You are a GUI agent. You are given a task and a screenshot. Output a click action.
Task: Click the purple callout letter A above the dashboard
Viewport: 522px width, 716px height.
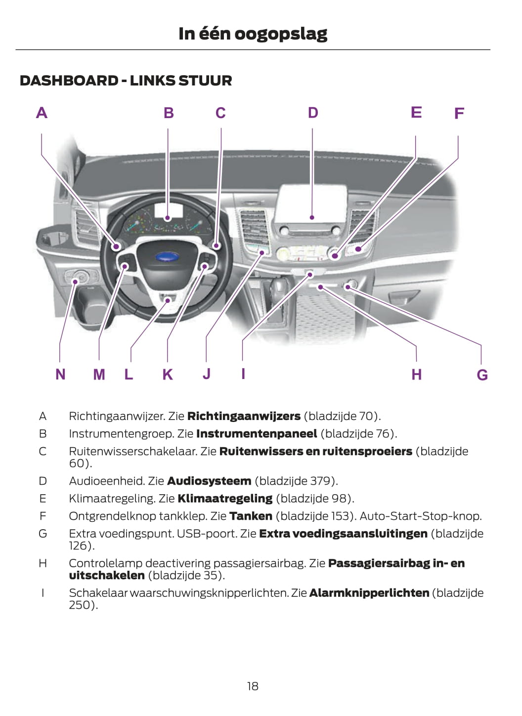pos(42,113)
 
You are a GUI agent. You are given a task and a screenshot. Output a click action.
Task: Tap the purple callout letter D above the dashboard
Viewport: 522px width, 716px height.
pos(313,113)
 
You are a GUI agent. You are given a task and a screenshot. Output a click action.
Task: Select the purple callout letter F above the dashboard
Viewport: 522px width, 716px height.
pos(459,114)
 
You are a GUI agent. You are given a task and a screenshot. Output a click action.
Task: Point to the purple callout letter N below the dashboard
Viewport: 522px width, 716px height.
pos(60,374)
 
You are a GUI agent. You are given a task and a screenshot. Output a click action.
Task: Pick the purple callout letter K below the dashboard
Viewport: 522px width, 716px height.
pos(168,374)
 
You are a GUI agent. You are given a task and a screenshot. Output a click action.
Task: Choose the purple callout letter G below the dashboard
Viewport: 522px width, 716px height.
pos(482,375)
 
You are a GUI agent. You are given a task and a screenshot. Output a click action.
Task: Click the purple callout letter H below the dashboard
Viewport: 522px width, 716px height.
pos(416,375)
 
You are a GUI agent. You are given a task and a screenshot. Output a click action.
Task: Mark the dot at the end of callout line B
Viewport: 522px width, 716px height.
pos(168,218)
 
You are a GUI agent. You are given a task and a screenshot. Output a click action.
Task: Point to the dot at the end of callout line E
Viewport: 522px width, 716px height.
pos(335,256)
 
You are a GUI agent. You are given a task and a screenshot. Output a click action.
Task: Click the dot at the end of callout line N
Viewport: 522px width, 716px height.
pos(75,282)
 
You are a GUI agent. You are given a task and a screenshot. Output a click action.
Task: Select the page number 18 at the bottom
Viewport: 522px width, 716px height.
pos(253,686)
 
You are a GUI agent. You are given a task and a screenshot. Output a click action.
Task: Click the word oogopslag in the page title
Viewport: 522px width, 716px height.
pos(281,35)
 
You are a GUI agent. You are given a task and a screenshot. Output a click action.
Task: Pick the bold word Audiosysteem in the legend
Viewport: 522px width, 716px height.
pos(209,481)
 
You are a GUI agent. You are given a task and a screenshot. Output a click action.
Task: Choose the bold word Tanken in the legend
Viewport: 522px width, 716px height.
pos(251,516)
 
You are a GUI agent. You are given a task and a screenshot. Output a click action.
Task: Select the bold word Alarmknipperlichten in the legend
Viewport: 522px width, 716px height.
pos(369,593)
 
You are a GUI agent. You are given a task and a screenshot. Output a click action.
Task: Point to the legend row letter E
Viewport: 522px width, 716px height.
pos(43,499)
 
